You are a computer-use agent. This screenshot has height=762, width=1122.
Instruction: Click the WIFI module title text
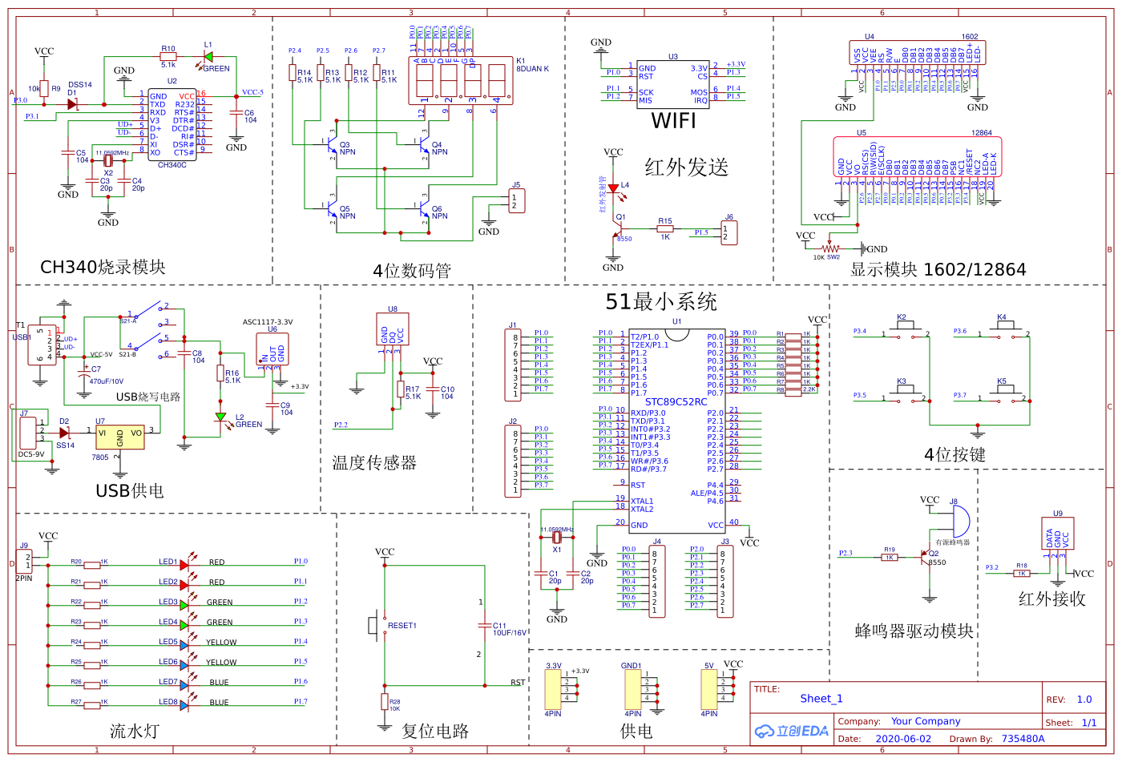[673, 121]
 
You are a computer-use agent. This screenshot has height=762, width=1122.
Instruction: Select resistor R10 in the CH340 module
[168, 56]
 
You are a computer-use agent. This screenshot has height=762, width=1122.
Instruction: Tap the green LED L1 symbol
[208, 56]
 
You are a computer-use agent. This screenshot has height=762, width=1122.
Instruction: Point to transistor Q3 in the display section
[331, 144]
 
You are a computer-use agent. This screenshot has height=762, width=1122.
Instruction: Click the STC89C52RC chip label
[676, 402]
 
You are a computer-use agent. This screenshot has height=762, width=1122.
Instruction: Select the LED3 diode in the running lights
[184, 605]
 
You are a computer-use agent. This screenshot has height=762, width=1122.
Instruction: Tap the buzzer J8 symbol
[959, 522]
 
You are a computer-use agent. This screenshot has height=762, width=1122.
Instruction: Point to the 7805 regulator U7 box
[119, 437]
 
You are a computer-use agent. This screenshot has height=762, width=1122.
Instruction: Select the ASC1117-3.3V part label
[268, 322]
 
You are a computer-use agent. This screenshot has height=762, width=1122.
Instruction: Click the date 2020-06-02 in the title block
[903, 739]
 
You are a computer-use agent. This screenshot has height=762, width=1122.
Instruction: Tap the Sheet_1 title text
[821, 699]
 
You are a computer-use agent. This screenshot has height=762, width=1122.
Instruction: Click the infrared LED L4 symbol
[613, 189]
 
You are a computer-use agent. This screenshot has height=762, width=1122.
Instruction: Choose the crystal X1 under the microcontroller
[557, 538]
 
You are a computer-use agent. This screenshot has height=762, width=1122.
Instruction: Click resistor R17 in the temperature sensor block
[401, 389]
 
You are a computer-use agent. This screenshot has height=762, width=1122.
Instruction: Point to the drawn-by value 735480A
[1023, 739]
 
